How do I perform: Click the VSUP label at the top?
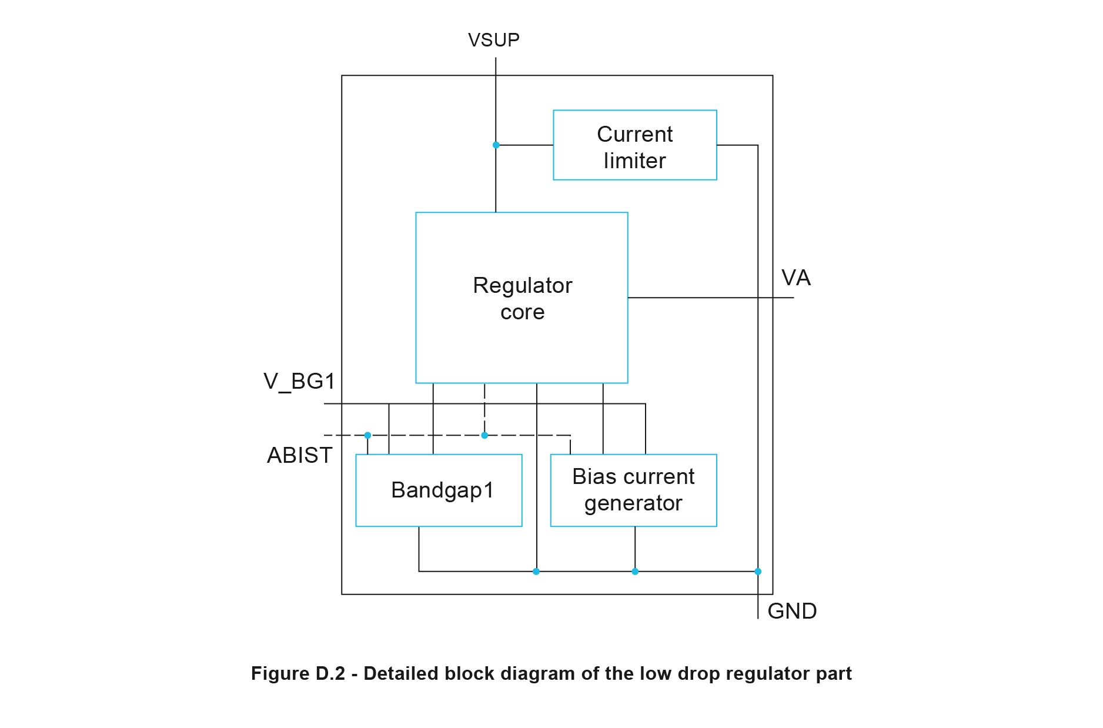[493, 40]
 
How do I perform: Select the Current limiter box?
[634, 145]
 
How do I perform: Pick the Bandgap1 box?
[439, 490]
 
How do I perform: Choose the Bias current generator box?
[633, 490]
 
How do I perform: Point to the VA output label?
[796, 278]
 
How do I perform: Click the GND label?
[792, 611]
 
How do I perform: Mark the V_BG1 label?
[299, 382]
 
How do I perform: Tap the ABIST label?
[299, 455]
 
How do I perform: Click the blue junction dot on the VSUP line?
[496, 145]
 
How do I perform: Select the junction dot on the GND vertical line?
[758, 571]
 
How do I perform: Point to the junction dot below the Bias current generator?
[635, 571]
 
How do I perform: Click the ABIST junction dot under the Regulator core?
[484, 435]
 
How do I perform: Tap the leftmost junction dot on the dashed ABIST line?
[367, 435]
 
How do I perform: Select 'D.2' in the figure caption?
[330, 673]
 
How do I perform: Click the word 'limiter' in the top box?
[634, 161]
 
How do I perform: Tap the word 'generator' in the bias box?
[633, 503]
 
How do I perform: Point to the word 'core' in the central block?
[522, 312]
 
